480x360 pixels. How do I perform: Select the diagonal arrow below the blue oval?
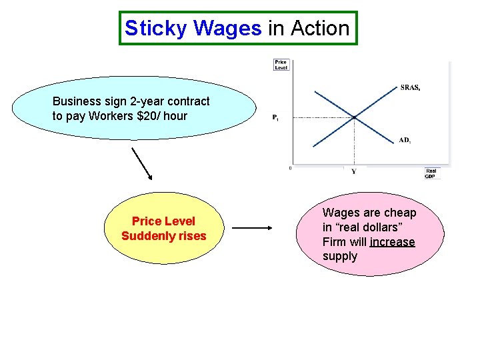coord(142,163)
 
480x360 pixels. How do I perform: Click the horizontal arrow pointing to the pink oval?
coord(252,228)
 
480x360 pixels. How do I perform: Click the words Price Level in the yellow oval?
coord(164,221)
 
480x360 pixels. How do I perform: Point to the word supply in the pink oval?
coord(340,257)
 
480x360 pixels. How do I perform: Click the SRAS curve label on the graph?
coord(410,87)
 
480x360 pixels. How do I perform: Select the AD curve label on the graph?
coord(405,140)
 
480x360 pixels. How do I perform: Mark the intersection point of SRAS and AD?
coord(354,117)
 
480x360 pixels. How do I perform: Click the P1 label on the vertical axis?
coord(275,118)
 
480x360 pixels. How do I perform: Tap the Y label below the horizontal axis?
coord(353,171)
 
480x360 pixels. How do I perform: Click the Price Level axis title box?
coord(281,65)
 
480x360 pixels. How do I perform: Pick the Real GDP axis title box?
coord(431,173)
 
